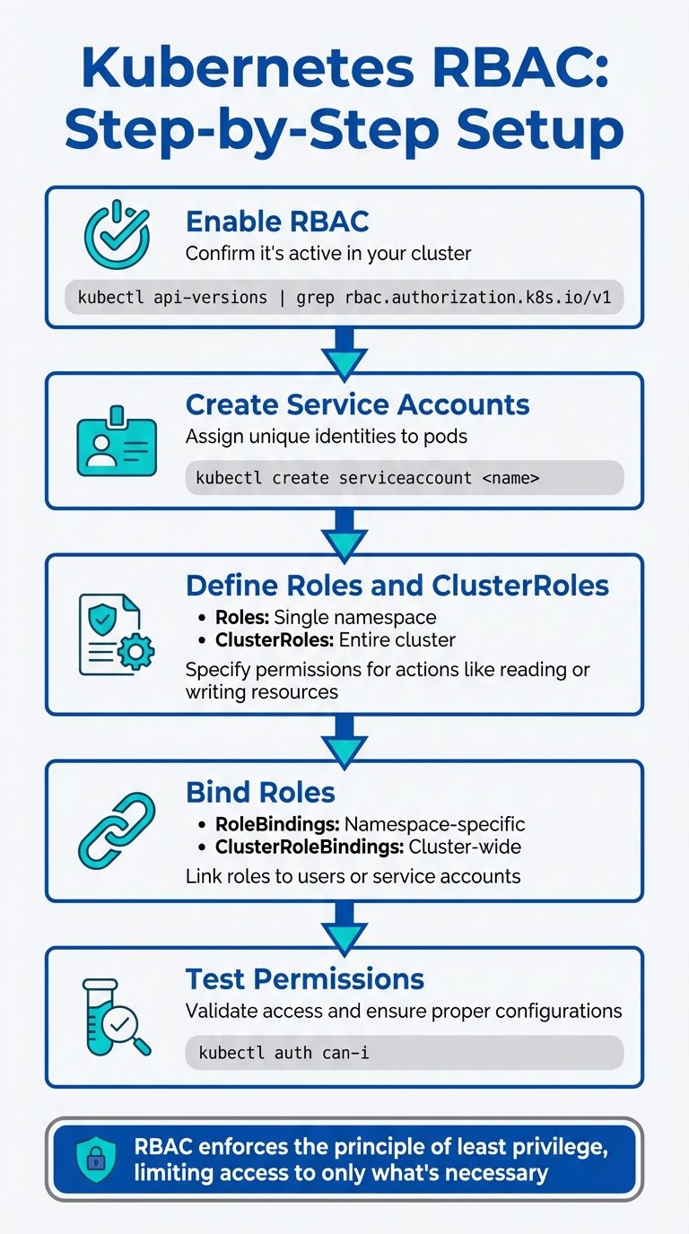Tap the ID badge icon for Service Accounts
pyautogui.click(x=117, y=441)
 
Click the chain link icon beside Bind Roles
pyautogui.click(x=117, y=829)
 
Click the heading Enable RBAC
pyautogui.click(x=277, y=221)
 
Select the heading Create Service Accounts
pyautogui.click(x=357, y=404)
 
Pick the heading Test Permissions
pyautogui.click(x=305, y=978)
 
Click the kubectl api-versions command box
pyautogui.click(x=344, y=297)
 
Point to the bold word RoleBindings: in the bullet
pyautogui.click(x=277, y=824)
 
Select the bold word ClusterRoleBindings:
pyautogui.click(x=310, y=847)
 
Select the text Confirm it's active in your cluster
pyautogui.click(x=328, y=254)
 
